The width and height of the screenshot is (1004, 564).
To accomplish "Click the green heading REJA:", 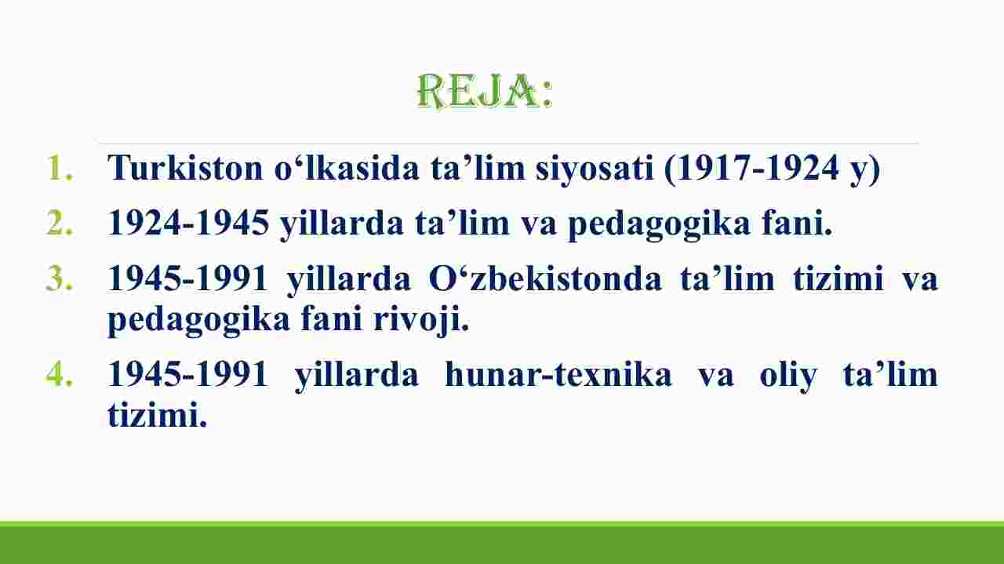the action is tap(485, 92).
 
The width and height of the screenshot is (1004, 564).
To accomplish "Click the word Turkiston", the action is tap(185, 168).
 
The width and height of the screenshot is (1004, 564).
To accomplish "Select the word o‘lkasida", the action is tap(347, 168).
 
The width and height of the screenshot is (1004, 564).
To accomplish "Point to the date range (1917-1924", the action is tap(751, 169).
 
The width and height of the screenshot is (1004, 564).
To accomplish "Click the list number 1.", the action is tap(59, 168).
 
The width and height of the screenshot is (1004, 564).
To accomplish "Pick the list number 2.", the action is tap(59, 222).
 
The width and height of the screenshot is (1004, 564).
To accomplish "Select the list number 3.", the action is tap(59, 278).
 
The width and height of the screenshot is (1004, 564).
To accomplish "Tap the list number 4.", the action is tap(59, 374).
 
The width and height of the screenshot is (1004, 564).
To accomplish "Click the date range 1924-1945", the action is tap(188, 222).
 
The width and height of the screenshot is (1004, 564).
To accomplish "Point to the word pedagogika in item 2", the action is tap(659, 225).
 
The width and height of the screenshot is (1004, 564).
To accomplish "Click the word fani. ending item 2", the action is tap(798, 222).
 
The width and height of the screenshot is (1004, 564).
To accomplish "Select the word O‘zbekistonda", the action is tap(545, 278).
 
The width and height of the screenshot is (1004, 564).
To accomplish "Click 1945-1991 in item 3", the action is tap(187, 278).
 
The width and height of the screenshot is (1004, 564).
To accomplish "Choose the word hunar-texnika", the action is tap(558, 374).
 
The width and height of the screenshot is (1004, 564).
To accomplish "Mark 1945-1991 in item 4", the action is tap(187, 374).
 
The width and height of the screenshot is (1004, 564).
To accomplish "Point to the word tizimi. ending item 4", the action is tap(158, 414).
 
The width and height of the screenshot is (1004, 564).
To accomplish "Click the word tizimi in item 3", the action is tap(838, 278).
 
